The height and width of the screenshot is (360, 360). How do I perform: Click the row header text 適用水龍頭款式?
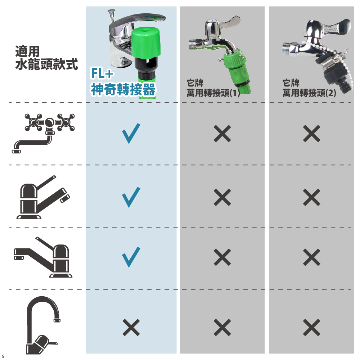point(46,58)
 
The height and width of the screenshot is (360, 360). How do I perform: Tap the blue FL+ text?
point(102,73)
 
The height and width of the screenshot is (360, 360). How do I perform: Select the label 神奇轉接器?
point(123,89)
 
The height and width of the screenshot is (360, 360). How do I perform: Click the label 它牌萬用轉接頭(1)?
point(213,88)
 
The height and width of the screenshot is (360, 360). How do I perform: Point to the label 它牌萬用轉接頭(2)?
point(309,88)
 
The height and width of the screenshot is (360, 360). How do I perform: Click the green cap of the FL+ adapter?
point(146,43)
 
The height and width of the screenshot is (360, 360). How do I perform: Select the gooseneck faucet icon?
point(43,325)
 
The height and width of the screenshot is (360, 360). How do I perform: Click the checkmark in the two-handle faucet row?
point(131,134)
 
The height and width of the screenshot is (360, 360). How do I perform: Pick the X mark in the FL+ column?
point(131,327)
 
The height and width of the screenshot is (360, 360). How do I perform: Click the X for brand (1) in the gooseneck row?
point(222,327)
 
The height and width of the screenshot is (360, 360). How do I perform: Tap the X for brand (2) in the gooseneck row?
point(311,327)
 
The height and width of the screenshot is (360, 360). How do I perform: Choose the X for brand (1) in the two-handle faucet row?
point(222,134)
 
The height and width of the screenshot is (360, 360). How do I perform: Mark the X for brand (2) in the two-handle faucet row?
point(311,134)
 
